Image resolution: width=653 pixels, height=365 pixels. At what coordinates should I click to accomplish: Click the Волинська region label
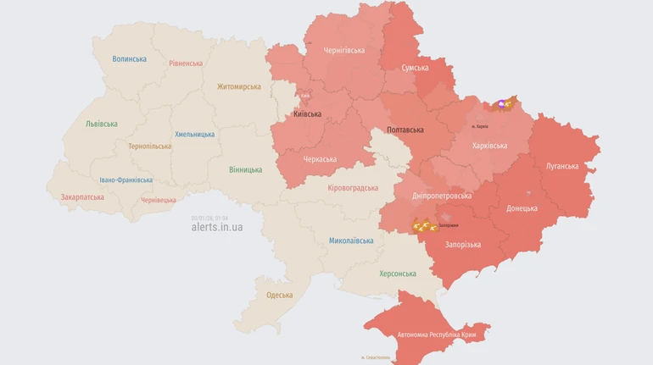click(129, 59)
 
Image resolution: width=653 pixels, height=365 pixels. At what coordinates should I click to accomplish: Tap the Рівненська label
click(186, 64)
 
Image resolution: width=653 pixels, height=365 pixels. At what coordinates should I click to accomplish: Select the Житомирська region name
click(239, 86)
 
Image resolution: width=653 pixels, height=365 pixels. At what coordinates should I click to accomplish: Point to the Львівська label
click(102, 124)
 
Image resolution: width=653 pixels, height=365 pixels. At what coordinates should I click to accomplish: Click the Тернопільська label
click(149, 147)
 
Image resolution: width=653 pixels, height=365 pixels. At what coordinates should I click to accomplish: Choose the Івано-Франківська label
click(126, 180)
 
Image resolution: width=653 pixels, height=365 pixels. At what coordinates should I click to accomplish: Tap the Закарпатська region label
click(82, 197)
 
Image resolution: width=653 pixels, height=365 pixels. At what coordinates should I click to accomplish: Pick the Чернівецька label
click(159, 201)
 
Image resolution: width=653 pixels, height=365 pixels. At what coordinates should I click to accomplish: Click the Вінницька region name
click(245, 170)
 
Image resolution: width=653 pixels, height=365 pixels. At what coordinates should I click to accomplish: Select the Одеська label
click(279, 296)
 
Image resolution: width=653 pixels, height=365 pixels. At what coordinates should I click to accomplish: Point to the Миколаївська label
click(351, 241)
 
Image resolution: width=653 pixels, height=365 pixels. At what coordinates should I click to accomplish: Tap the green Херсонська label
click(398, 274)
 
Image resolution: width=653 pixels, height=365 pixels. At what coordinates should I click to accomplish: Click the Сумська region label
click(415, 68)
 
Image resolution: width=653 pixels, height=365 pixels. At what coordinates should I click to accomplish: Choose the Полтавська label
click(405, 130)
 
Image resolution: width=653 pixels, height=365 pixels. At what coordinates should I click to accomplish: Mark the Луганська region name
click(562, 167)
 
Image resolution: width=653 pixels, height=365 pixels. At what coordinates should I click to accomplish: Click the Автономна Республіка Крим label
click(430, 335)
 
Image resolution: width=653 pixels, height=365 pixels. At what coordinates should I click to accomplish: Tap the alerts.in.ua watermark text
click(217, 228)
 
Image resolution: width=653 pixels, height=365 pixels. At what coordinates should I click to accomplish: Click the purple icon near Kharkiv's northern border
click(501, 104)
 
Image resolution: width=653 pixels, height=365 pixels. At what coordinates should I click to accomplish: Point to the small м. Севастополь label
click(376, 357)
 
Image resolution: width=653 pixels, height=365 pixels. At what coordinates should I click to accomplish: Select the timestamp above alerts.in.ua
click(209, 218)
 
